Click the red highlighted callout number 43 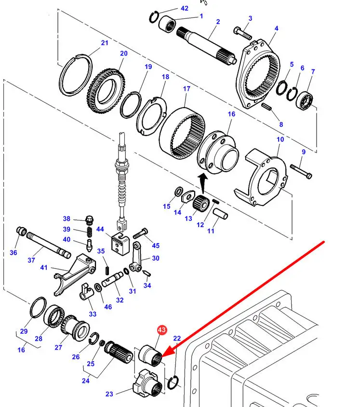pos(161,330)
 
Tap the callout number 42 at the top pos(185,8)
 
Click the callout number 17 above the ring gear pos(187,89)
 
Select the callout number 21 pos(105,43)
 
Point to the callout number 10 pos(280,139)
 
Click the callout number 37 pos(31,260)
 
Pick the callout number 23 pos(109,394)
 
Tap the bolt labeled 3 pos(242,33)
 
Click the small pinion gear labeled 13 pos(199,206)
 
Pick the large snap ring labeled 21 pos(74,77)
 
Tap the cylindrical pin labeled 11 pos(220,212)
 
